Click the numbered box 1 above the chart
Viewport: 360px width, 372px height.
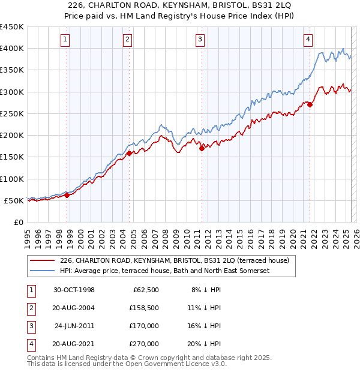tap(64, 40)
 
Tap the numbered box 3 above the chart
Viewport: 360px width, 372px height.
tap(200, 40)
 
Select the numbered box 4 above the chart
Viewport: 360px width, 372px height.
tap(308, 40)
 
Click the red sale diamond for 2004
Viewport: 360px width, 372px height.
tap(129, 154)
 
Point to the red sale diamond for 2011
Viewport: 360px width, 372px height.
tap(202, 148)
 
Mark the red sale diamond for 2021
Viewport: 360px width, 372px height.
tap(310, 104)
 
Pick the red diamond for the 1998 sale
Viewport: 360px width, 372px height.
tap(67, 195)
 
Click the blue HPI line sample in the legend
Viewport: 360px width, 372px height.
tap(43, 271)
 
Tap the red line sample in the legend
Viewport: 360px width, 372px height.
tap(43, 260)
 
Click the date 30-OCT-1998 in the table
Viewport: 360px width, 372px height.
tap(74, 290)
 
